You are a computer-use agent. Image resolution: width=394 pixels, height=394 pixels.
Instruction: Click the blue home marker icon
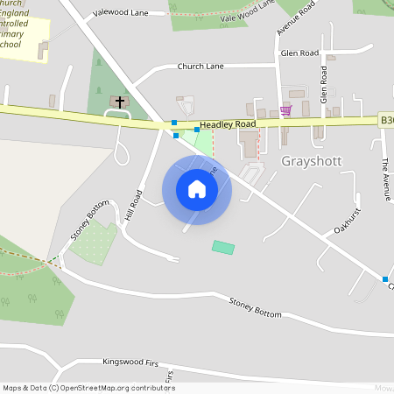(197, 189)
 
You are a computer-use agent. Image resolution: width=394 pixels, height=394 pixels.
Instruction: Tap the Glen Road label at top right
(299, 53)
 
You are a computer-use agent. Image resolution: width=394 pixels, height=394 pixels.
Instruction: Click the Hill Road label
(134, 203)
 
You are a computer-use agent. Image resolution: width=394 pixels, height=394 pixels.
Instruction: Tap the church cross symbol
(120, 102)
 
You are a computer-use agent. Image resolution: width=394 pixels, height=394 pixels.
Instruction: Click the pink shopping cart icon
(285, 110)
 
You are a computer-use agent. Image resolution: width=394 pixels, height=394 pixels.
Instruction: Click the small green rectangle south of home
(223, 248)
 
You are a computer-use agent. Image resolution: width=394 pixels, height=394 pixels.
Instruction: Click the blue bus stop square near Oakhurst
(385, 278)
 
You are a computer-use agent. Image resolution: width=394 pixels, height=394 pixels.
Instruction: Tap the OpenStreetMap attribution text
(88, 387)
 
